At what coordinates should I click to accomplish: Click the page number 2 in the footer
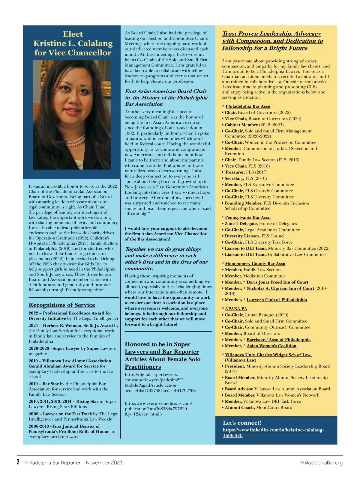pos(18,462)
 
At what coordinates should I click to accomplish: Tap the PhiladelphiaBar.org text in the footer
pos(321,463)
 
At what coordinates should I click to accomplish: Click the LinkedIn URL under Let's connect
pos(273,433)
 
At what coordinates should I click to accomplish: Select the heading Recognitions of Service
pos(62,305)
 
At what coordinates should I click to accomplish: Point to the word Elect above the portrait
pos(73,34)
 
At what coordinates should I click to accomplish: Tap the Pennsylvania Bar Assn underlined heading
pos(247,217)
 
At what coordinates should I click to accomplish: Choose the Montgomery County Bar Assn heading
pos(255,263)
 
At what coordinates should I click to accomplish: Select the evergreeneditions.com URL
pos(158,409)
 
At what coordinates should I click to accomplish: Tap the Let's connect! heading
pos(242,423)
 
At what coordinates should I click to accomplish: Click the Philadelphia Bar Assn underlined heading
pos(248,106)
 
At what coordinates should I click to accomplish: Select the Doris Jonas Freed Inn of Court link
pos(277,282)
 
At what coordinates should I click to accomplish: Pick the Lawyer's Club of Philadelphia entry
pos(277,299)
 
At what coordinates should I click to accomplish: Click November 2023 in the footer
pos(104,463)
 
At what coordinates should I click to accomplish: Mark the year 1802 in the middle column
pos(130,133)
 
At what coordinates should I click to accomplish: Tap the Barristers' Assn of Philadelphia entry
pos(278,340)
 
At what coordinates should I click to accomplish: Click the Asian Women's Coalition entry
pos(271,346)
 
